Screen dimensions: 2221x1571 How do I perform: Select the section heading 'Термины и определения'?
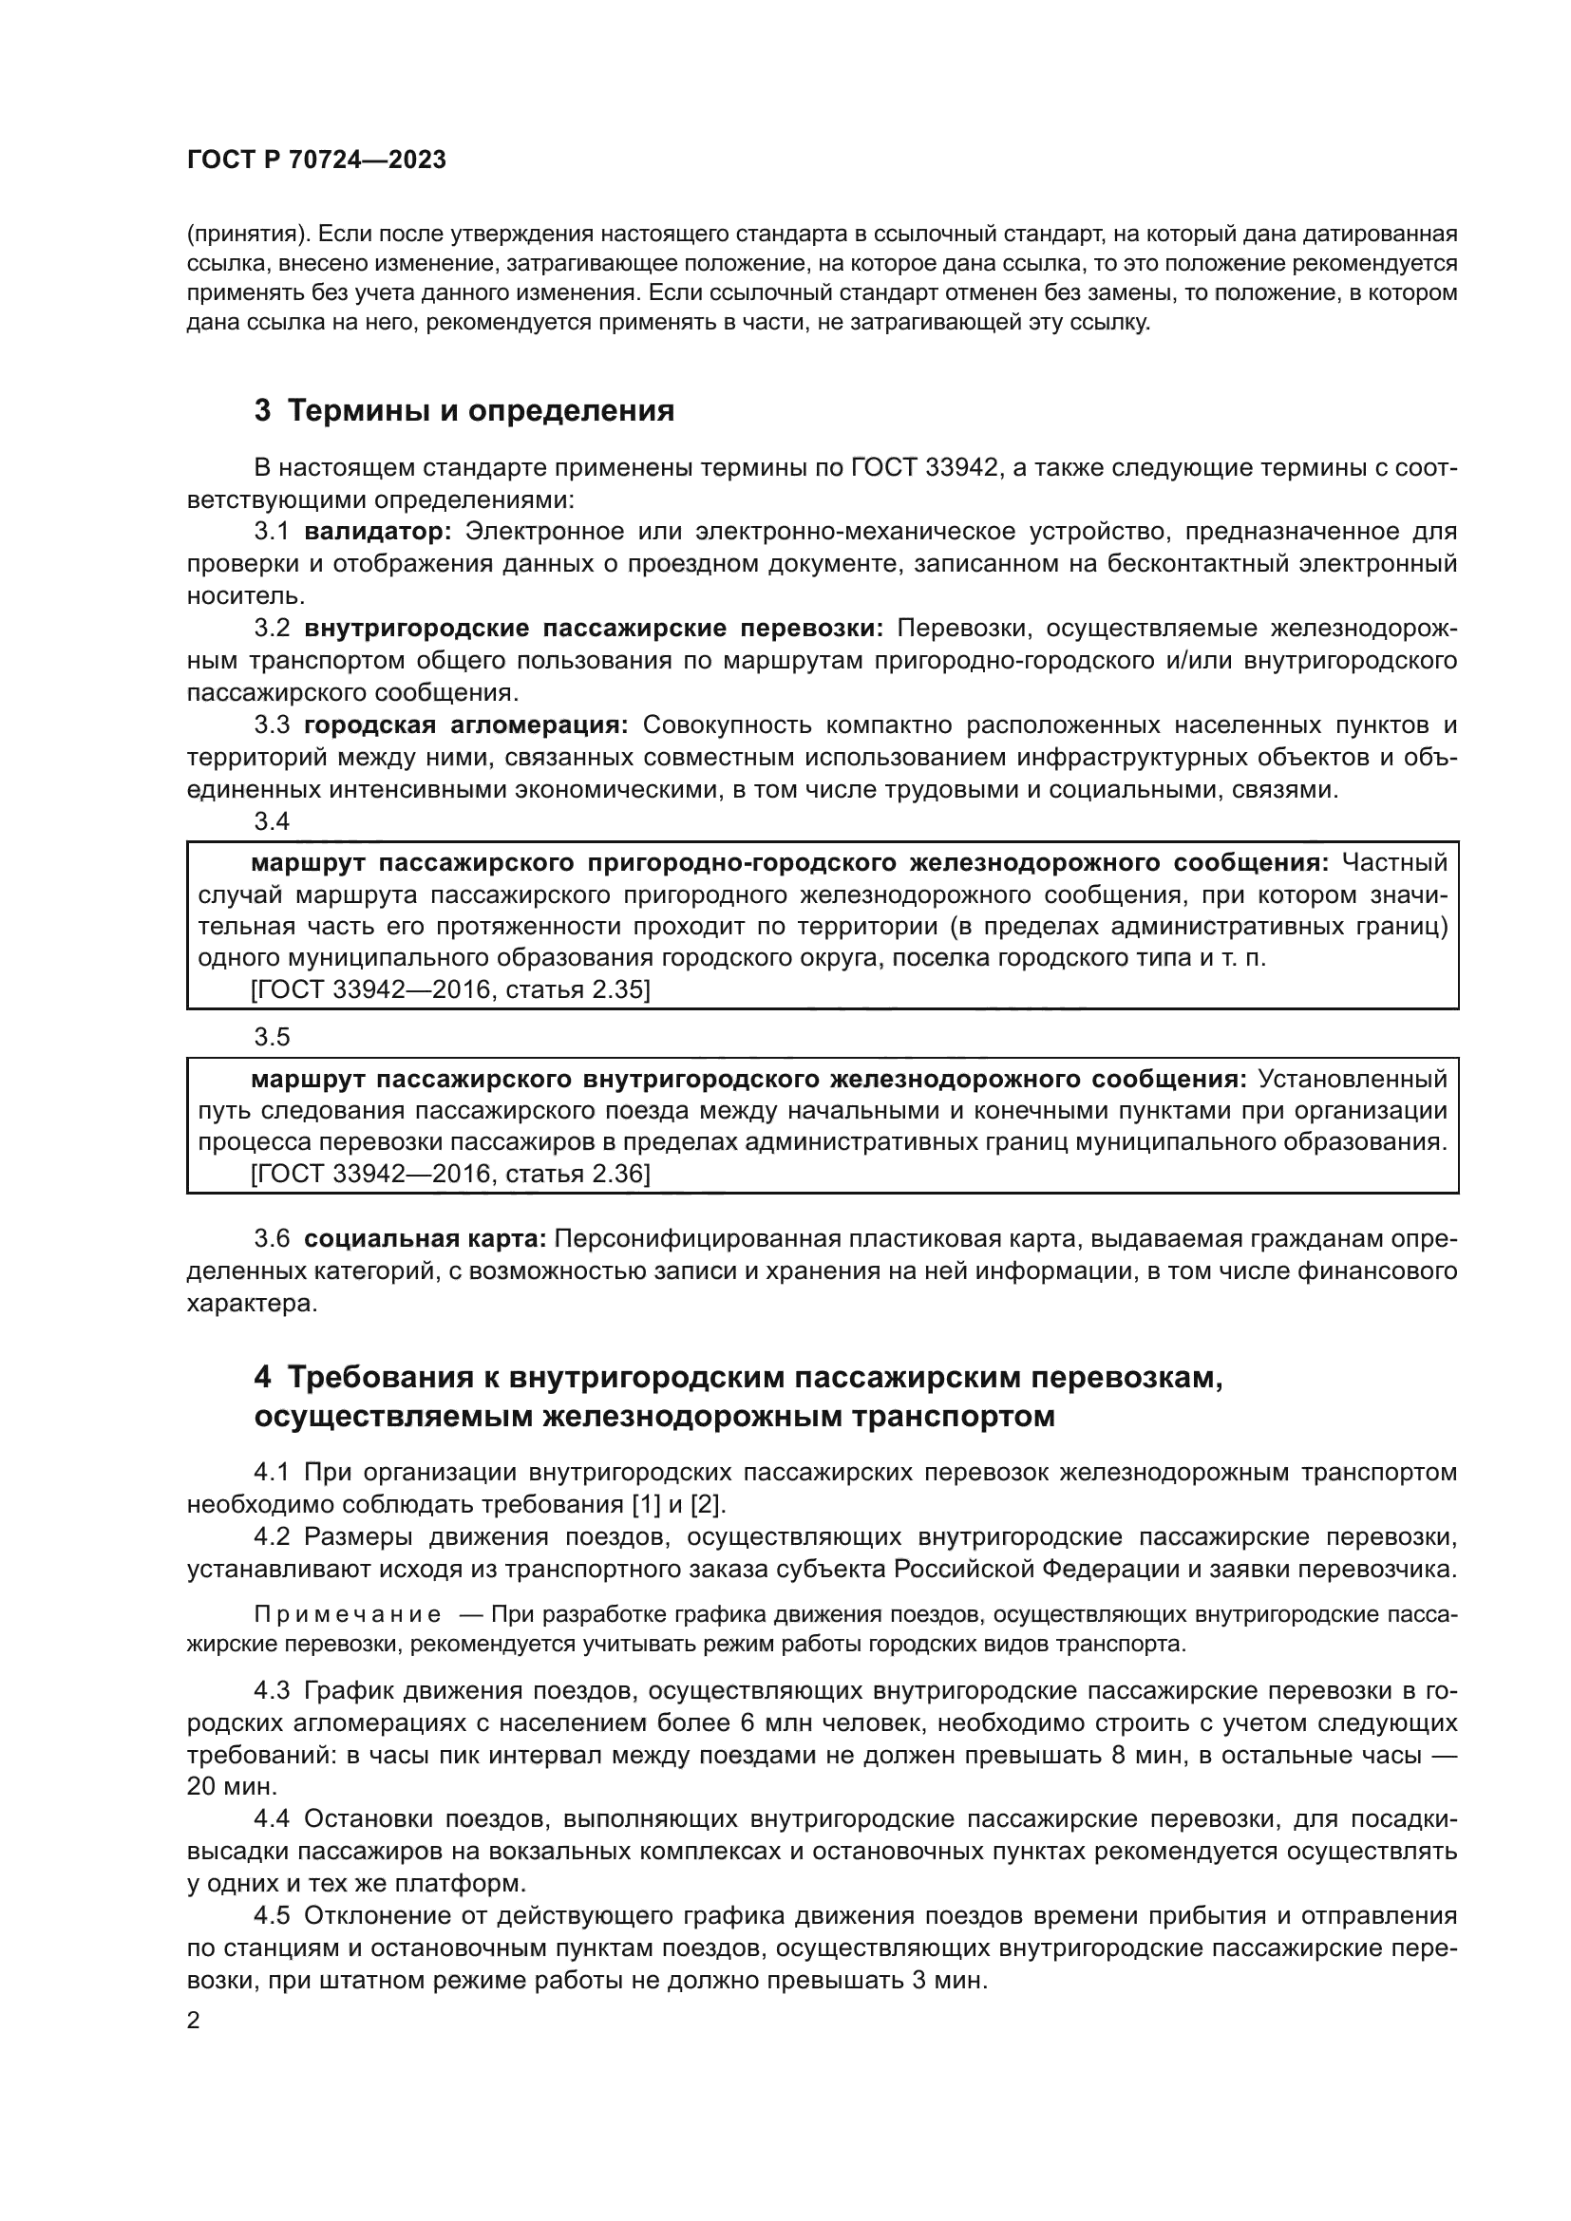481,410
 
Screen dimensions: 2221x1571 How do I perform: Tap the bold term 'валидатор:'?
378,531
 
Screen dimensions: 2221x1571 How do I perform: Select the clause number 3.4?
272,821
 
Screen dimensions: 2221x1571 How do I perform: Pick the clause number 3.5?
272,1037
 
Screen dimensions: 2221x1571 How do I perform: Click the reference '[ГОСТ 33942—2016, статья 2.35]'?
450,989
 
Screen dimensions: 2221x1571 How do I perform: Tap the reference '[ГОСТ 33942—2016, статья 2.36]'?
450,1174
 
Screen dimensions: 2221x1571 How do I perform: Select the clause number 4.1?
272,1474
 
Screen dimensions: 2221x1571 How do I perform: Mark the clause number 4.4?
272,1818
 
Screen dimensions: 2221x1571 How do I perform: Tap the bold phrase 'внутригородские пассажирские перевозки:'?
594,628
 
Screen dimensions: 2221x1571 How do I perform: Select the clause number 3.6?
272,1238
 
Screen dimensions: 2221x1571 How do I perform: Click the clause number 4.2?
272,1537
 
